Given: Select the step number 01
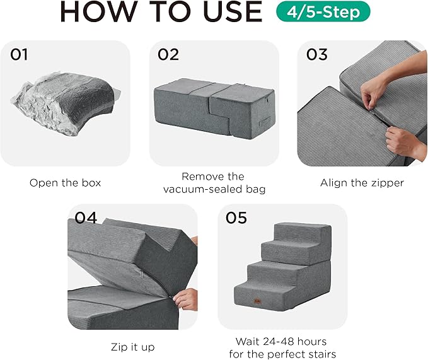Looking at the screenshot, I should click(x=20, y=55).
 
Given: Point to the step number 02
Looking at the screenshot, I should click(x=168, y=55).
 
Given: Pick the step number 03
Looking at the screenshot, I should click(x=317, y=55).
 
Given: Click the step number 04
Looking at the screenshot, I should click(x=86, y=218).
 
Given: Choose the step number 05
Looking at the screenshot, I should click(x=236, y=218).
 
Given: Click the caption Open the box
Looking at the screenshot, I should click(x=65, y=183).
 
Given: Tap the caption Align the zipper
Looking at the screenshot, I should click(x=362, y=183).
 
